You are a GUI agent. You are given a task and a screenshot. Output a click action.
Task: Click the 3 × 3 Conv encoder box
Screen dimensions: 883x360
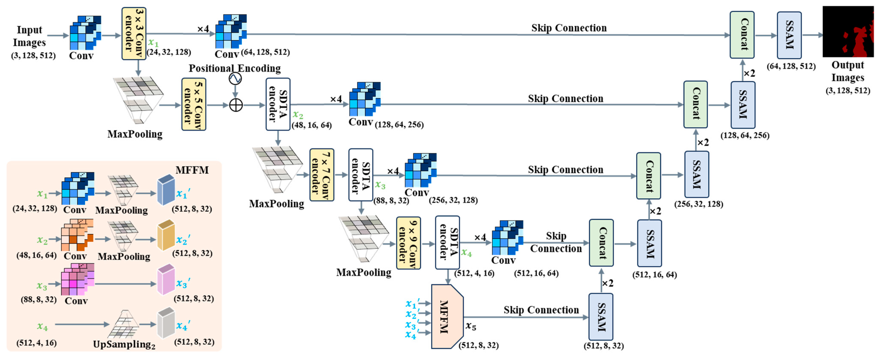[134, 34]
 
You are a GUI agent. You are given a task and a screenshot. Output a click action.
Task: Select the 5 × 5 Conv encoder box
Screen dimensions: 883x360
[194, 104]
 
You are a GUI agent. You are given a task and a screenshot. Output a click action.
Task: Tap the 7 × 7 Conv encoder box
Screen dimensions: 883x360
[322, 175]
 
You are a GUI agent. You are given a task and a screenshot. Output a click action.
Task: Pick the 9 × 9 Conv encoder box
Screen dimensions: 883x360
[408, 243]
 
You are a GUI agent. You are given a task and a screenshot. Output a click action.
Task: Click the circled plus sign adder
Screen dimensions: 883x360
[236, 105]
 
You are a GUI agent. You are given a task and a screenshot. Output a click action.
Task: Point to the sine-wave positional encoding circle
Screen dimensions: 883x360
[235, 79]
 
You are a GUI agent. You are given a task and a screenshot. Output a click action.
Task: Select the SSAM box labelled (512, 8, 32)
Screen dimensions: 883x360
[601, 317]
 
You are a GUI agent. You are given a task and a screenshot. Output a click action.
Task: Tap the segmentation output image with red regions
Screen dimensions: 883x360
[848, 32]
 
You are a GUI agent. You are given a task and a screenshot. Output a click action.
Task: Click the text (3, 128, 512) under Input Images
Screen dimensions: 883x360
[33, 56]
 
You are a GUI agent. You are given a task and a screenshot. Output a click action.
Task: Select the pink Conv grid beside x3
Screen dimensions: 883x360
[78, 280]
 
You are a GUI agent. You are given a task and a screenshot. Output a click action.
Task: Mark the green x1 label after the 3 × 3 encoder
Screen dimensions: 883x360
[153, 43]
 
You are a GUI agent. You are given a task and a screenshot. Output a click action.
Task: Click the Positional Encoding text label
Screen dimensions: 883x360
[235, 68]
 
